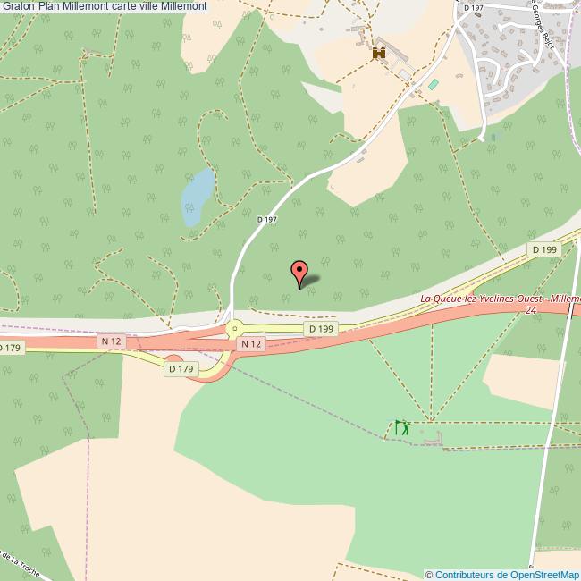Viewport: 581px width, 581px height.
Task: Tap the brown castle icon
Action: pos(378,54)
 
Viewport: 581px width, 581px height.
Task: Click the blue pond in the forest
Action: pos(198,198)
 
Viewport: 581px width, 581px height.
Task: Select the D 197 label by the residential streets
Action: pos(473,7)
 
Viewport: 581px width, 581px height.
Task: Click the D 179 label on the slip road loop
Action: pos(180,368)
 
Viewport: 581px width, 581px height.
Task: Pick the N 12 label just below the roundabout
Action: pos(251,344)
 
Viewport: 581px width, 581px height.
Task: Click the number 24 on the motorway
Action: pos(531,310)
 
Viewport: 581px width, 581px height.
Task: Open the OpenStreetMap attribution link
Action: pos(502,574)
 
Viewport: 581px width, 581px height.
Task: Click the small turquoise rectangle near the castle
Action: pos(434,84)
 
